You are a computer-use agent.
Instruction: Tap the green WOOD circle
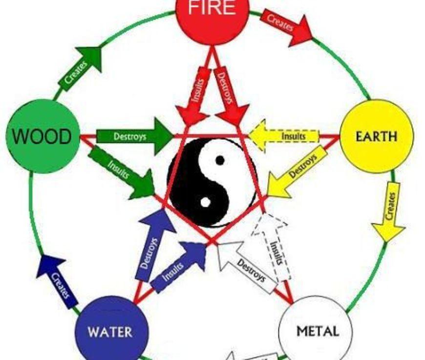tap(43, 136)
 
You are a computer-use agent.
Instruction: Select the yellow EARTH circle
tap(376, 136)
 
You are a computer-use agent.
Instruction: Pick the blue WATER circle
tap(110, 330)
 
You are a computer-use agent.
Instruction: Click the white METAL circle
tap(315, 330)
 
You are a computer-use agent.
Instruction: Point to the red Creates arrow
tap(286, 26)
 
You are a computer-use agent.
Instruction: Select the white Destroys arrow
tap(247, 267)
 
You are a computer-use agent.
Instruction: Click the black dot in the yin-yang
tap(220, 160)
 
